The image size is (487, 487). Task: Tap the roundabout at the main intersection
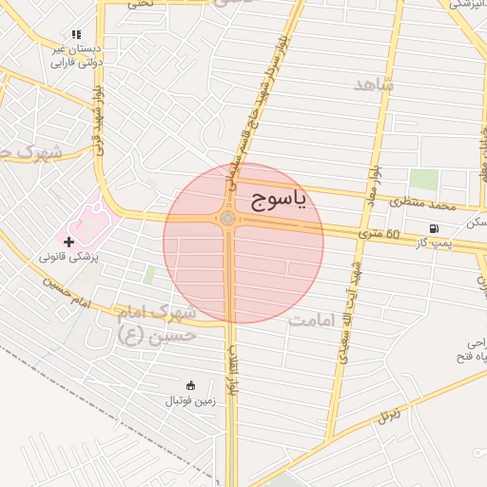point(228,220)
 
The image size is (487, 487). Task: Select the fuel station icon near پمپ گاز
point(434,228)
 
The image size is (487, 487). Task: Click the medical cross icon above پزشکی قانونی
point(68,242)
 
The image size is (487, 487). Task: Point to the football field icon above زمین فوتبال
point(190,386)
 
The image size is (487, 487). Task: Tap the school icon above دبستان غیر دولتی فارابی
point(76,34)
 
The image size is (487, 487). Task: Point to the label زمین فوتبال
point(191,401)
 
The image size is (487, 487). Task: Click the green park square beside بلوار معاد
point(423,180)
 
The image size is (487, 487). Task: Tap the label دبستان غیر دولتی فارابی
point(73,55)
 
